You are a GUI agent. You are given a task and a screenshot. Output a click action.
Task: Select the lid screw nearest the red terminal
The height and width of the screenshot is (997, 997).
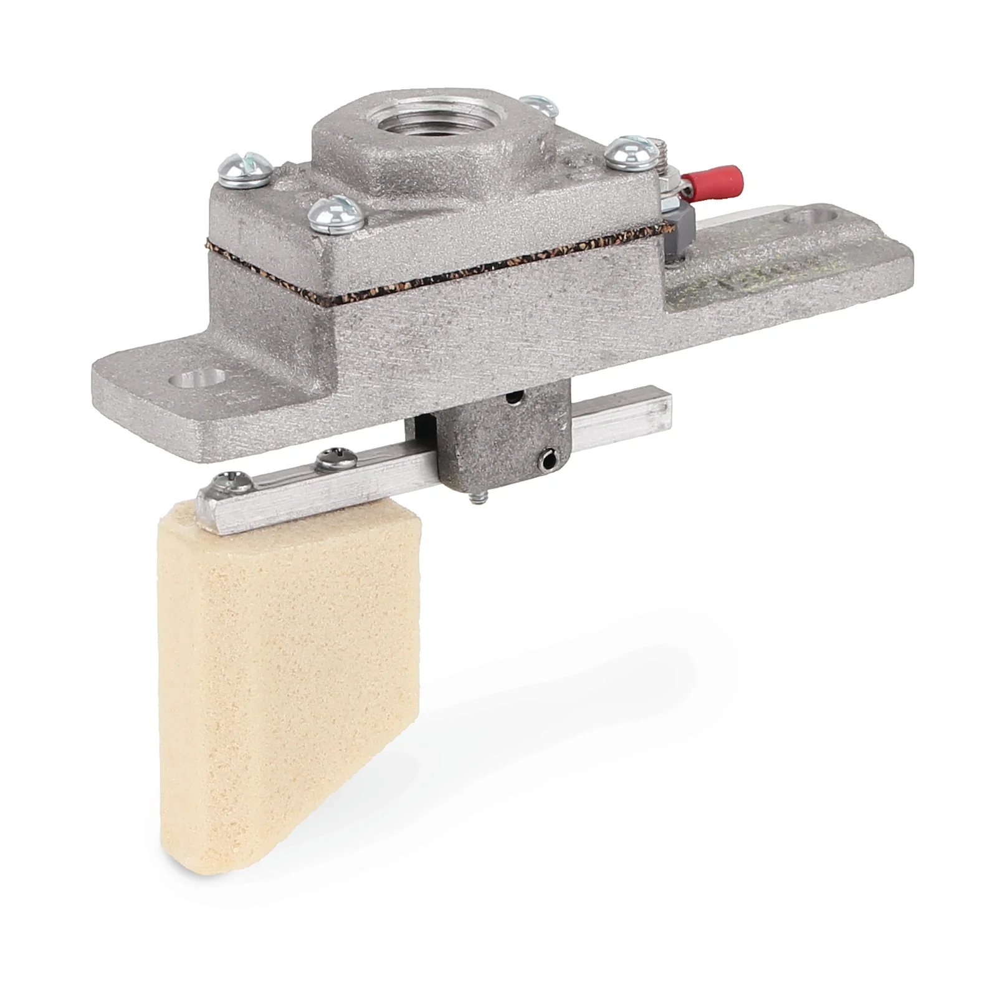point(627,151)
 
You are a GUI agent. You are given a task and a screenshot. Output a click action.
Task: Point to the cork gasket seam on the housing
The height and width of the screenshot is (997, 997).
point(436,274)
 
